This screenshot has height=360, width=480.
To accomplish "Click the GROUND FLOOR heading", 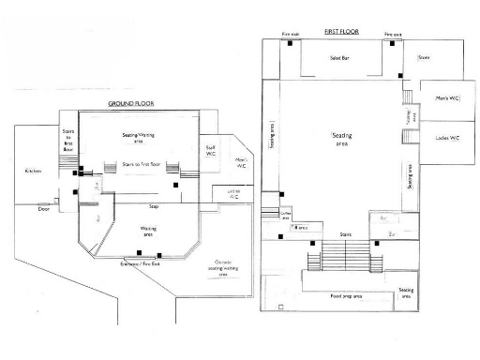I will coord(130,103).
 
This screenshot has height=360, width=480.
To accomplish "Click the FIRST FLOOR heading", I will coord(342,32).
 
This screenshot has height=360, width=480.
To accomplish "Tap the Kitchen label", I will coord(34,172).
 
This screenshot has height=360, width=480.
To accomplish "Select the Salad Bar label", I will coord(339,58).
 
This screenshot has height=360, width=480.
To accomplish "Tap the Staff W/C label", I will coord(211,150).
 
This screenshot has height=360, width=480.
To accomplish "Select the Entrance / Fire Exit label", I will coord(142,265).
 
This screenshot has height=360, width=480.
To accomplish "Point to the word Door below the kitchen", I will coord(42,210).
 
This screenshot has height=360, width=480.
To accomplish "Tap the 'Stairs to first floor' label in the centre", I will coord(141,164).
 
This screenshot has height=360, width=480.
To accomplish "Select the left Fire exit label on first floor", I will coord(291,35).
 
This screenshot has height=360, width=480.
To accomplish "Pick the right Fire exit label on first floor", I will coord(393,35).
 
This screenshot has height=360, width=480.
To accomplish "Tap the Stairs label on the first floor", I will coord(345,233).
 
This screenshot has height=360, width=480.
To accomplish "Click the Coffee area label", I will coord(286,215).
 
